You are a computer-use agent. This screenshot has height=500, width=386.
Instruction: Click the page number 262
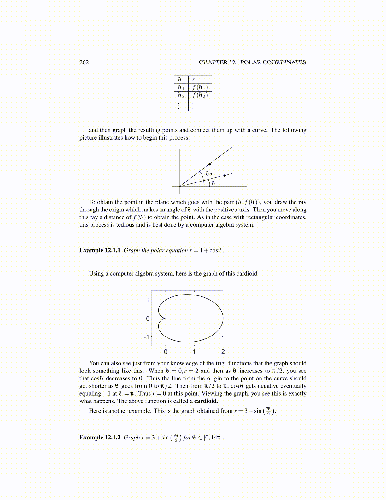84,62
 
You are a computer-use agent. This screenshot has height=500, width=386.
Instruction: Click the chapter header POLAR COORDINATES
273,62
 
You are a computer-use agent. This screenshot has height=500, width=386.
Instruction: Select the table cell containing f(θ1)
200,87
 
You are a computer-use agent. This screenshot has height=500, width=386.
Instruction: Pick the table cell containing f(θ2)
200,95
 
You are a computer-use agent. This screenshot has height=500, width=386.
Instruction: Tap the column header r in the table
194,80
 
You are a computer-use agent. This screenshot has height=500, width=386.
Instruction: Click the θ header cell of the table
179,80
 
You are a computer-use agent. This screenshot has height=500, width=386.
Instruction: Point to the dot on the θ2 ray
209,164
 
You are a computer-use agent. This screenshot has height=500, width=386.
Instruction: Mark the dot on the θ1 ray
225,176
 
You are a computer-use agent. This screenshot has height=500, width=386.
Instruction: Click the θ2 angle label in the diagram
208,174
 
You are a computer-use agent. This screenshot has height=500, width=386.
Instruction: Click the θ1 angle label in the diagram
214,183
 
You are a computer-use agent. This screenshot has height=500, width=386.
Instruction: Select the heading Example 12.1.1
100,250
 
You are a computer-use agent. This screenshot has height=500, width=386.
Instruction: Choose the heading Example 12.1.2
100,437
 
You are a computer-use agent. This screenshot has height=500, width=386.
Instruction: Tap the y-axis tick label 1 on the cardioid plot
148,300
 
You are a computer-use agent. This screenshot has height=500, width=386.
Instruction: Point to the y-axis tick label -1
147,337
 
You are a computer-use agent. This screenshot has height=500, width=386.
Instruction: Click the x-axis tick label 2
223,352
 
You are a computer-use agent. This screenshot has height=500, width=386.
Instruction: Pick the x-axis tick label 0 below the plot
166,352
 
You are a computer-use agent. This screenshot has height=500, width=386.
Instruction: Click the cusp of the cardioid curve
166,318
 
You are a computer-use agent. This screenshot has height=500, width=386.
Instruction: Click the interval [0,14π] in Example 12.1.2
213,437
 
